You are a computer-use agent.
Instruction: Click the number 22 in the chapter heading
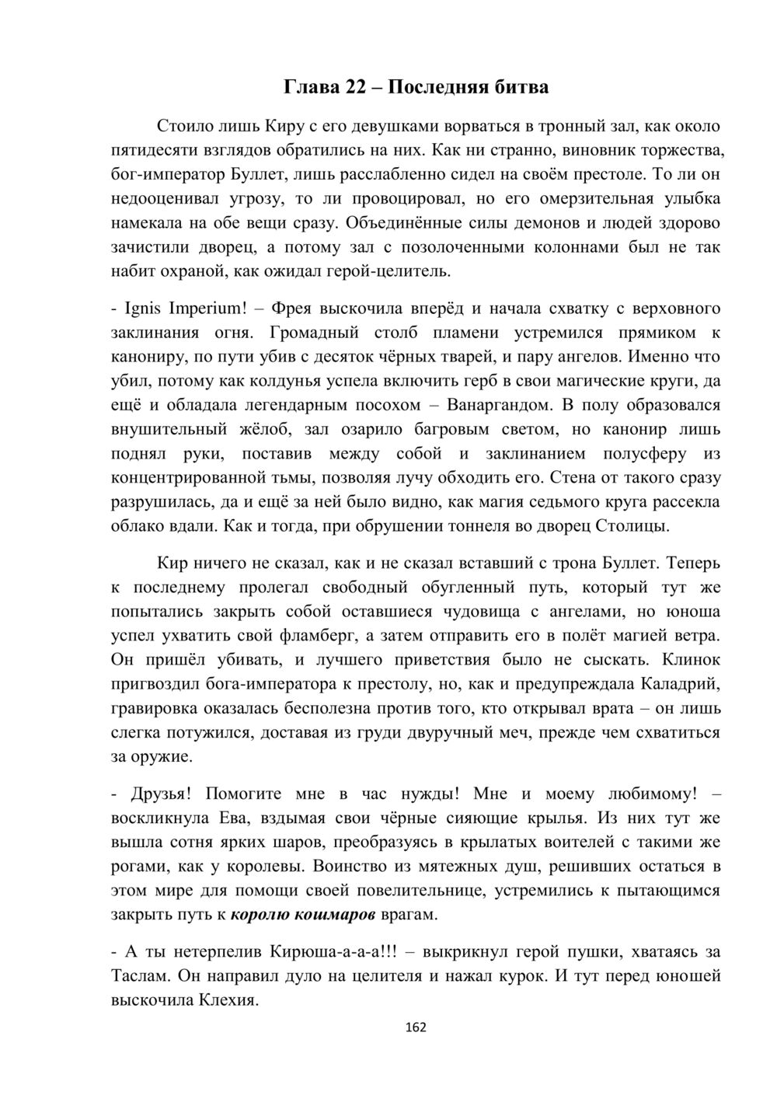[356, 87]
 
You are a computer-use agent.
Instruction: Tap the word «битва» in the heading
[521, 87]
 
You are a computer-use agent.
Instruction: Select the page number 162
[416, 1027]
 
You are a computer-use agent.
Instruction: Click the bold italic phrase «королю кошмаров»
[304, 914]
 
